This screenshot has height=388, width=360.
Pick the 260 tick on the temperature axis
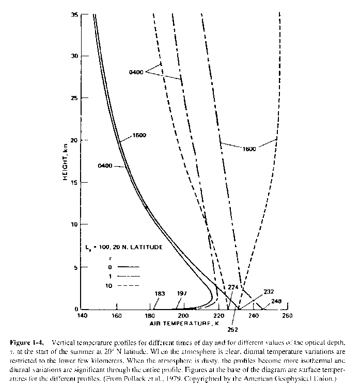coord(288,315)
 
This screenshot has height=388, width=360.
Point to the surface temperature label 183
coord(159,294)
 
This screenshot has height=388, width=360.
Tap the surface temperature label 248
coord(276,301)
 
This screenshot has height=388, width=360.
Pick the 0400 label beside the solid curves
coord(105,166)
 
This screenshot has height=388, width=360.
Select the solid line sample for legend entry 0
coord(129,267)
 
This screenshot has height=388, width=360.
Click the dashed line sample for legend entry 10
coord(129,285)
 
